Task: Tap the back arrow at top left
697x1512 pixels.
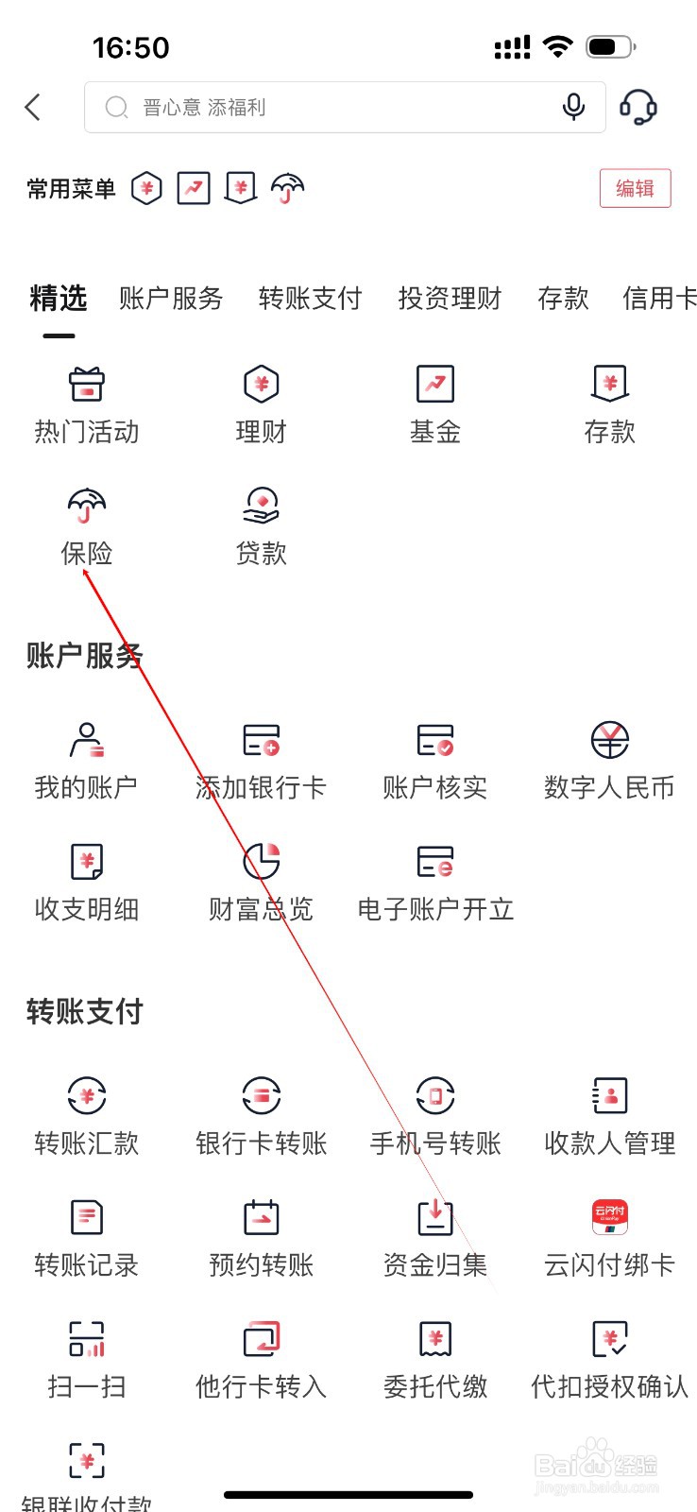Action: (33, 107)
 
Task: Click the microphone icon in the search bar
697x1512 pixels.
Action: (573, 107)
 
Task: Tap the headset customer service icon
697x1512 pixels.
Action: (638, 107)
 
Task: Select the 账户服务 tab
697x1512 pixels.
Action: (171, 299)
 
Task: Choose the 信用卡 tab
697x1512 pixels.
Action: (659, 299)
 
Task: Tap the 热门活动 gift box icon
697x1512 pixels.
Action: (87, 384)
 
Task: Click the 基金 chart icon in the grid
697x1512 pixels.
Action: (435, 384)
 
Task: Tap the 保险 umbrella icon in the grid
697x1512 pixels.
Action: (87, 506)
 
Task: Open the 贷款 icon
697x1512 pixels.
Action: (261, 506)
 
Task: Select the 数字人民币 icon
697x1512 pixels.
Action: (610, 740)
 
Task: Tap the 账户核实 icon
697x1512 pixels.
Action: (435, 740)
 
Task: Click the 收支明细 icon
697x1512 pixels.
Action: (87, 861)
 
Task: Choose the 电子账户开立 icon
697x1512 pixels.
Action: (435, 861)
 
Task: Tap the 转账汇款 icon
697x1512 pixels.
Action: (87, 1096)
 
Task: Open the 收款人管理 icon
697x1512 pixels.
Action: (610, 1096)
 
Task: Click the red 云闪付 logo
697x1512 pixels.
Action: (610, 1217)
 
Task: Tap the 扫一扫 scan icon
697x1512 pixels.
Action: (87, 1339)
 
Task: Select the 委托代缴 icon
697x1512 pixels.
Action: (435, 1339)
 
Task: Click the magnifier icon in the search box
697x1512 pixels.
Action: (116, 108)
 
